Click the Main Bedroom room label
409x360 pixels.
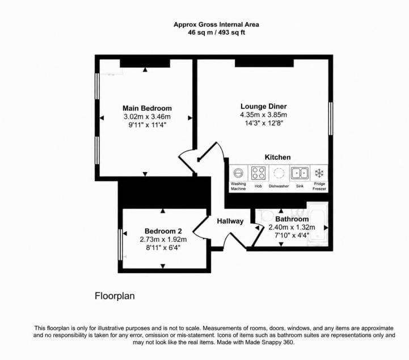(x=147, y=108)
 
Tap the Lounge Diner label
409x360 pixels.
(x=263, y=107)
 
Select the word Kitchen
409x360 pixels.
(x=277, y=157)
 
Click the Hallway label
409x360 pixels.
(x=230, y=221)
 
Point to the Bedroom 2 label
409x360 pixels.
(x=163, y=231)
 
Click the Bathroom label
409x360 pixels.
(x=292, y=219)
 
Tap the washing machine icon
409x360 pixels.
(x=238, y=173)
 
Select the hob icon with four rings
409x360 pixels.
(x=258, y=173)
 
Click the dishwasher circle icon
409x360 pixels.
(x=279, y=173)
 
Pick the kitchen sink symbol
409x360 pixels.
(x=300, y=173)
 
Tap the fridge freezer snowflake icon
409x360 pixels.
(x=319, y=173)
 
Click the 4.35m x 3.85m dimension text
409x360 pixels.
(x=263, y=115)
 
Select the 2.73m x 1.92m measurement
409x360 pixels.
(x=163, y=240)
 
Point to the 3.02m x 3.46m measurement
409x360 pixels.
(x=147, y=116)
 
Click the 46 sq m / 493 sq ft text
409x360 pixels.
(x=216, y=32)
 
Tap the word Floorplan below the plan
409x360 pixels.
(x=115, y=296)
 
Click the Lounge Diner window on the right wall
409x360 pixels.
(x=331, y=119)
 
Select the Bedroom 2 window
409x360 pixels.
(x=120, y=245)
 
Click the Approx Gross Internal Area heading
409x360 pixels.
(x=216, y=25)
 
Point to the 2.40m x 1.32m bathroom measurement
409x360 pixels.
(x=292, y=227)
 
